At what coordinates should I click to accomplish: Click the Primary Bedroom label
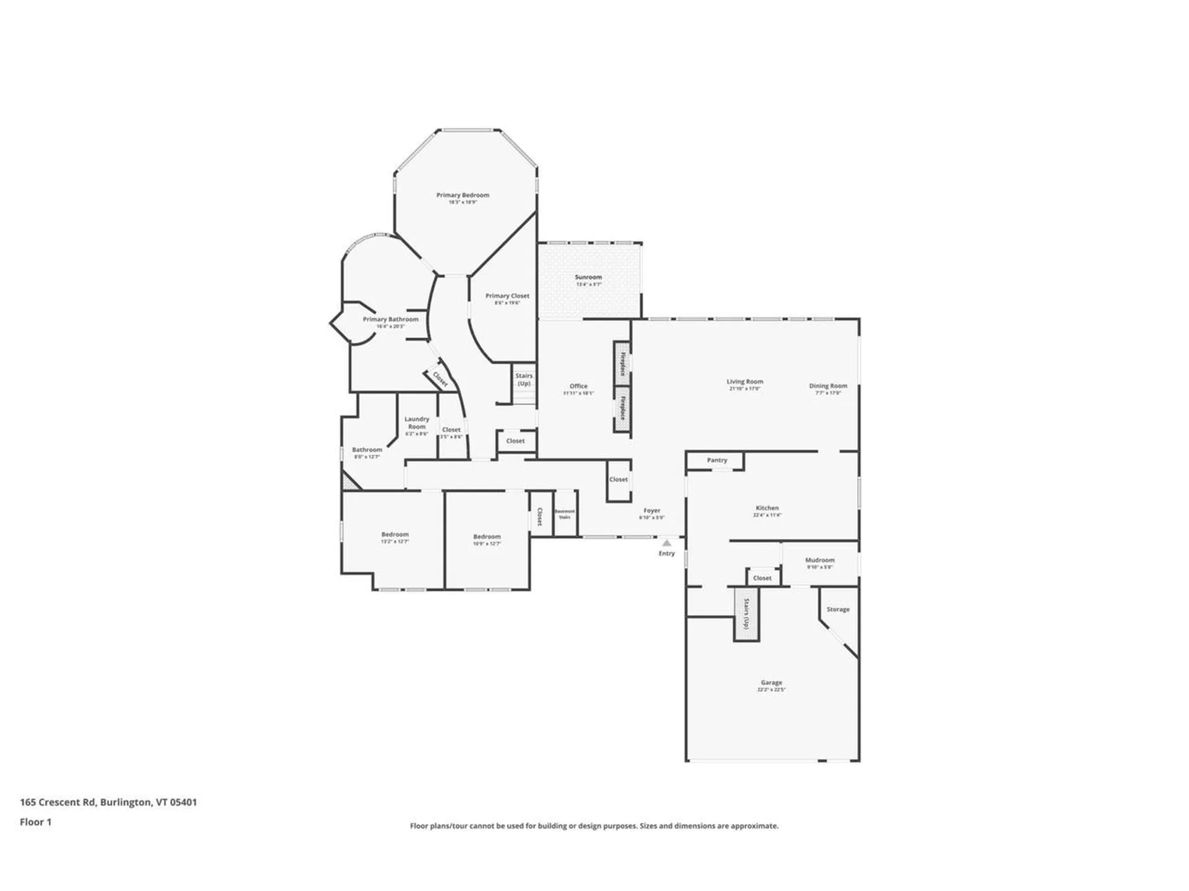[463, 196]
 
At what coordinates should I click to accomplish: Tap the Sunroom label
[588, 278]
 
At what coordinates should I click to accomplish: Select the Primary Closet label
[507, 296]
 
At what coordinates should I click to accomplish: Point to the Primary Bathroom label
[390, 320]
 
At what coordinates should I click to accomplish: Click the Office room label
[578, 386]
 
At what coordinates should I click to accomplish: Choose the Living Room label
[744, 382]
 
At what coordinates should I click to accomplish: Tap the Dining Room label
[828, 386]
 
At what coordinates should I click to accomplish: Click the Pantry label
[717, 460]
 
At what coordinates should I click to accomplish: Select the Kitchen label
[767, 508]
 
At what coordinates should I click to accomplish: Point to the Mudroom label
[820, 560]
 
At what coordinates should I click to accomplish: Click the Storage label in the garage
[838, 609]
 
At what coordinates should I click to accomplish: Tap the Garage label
[771, 682]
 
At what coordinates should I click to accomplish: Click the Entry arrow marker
[666, 543]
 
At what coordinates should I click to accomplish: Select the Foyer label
[651, 511]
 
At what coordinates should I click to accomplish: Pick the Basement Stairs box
[565, 514]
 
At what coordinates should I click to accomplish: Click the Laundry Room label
[417, 423]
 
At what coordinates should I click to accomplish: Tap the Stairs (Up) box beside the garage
[747, 613]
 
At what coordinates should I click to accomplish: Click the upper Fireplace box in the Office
[622, 363]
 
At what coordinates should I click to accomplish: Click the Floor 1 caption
[35, 822]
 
